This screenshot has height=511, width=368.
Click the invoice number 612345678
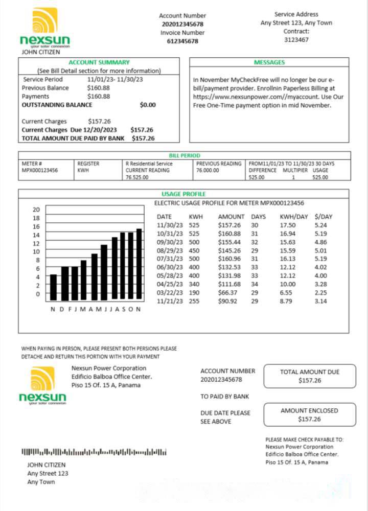tap(182, 41)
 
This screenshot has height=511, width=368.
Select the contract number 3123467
tap(296, 39)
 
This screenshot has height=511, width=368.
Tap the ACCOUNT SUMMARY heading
tap(99, 62)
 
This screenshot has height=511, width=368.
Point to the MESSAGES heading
tap(269, 62)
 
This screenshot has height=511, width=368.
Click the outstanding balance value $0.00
tap(148, 105)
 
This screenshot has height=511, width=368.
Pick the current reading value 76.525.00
tap(137, 177)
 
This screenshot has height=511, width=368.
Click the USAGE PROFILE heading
tap(183, 194)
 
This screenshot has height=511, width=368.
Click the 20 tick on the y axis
tap(36, 210)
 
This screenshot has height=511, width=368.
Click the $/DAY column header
tap(324, 217)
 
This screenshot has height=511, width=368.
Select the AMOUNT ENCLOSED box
tap(309, 414)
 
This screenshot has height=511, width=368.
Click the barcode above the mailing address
tap(94, 452)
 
